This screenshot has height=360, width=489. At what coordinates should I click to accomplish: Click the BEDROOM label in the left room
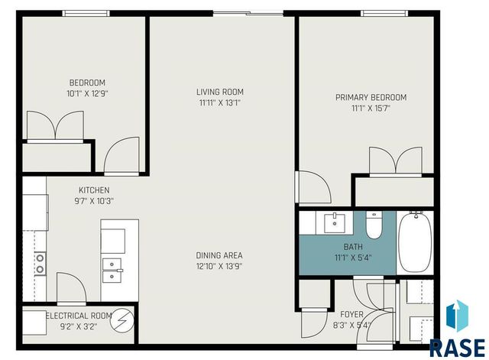click(87, 83)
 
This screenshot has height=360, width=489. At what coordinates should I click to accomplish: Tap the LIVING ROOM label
click(219, 92)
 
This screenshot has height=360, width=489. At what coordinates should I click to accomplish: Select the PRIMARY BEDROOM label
click(371, 98)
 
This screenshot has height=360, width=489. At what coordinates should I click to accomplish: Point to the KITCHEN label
click(94, 190)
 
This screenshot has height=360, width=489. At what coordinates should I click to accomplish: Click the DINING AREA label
click(219, 255)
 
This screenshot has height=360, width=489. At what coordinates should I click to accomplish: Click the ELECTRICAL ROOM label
click(79, 315)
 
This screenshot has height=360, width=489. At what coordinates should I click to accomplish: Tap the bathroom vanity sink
click(335, 223)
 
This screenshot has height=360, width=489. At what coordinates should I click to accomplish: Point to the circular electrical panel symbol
click(121, 321)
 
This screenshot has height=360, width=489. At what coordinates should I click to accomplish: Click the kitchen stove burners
click(39, 264)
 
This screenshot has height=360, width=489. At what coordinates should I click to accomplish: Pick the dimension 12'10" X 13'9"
click(219, 266)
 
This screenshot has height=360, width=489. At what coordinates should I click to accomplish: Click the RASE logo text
click(456, 346)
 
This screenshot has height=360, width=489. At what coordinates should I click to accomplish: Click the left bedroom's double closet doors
click(55, 125)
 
